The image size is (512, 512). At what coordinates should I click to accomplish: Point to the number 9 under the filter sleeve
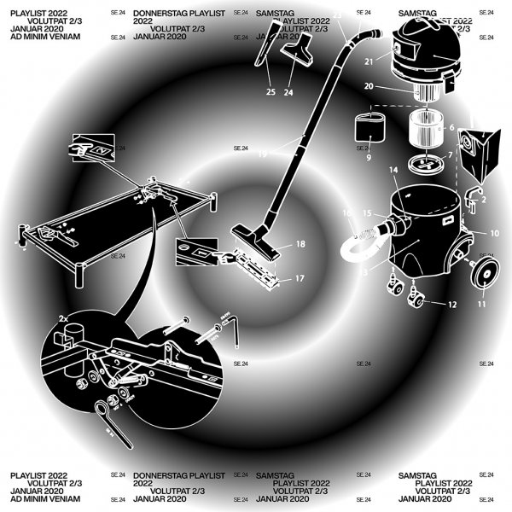point(369,158)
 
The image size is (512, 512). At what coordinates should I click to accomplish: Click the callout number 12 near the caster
point(452,305)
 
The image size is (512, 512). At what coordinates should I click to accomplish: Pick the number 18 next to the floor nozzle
point(300,244)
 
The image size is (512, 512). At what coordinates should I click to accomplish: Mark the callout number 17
point(300,278)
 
